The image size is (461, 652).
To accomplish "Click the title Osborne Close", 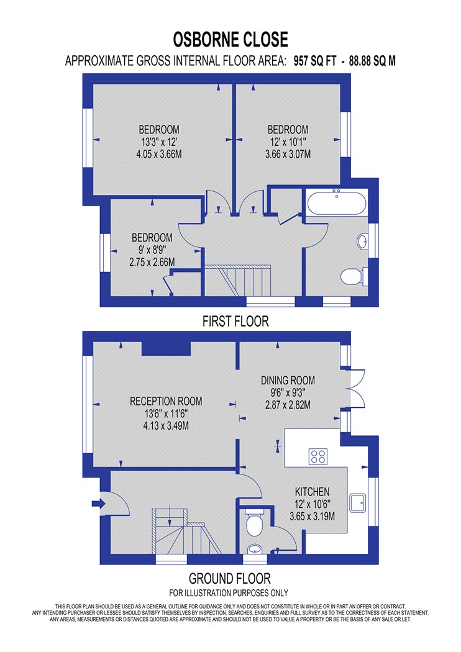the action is [x=230, y=40].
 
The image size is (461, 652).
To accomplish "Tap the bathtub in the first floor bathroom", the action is [x=337, y=202].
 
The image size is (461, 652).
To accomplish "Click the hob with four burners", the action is [x=318, y=456].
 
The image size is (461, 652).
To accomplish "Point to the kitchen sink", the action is [x=357, y=503].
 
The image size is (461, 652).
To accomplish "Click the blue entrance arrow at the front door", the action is [x=99, y=504].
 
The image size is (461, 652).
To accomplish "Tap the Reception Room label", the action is [x=166, y=401].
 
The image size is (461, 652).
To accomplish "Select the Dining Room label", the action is [x=288, y=380].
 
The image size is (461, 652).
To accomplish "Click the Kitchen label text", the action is [x=313, y=492].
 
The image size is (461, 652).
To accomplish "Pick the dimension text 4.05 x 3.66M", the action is [x=159, y=154].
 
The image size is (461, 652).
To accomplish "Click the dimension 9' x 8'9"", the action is [x=152, y=250].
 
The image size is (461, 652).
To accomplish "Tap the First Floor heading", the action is [x=235, y=321].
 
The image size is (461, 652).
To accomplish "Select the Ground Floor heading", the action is [x=230, y=578].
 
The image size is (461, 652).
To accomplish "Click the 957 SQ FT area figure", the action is [x=314, y=61].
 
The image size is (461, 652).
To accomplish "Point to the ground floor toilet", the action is [x=253, y=523].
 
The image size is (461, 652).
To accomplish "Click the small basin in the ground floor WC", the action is [x=253, y=550].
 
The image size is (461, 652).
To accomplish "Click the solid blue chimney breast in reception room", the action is [x=166, y=348].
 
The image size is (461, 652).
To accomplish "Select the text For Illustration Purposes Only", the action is [x=229, y=592].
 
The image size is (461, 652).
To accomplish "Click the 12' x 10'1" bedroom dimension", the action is [x=288, y=142].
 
